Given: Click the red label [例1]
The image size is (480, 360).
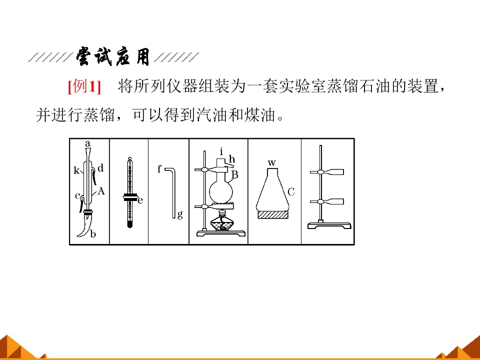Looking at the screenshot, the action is (84, 86).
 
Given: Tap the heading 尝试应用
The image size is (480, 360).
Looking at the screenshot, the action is (113, 56).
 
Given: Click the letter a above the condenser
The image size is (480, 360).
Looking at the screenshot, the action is (88, 143).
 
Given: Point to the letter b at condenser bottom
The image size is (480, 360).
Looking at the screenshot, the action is (93, 234).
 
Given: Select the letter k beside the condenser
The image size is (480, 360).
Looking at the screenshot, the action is (76, 170).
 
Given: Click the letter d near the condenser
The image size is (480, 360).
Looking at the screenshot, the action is (100, 168).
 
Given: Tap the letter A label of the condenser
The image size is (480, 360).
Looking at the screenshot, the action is (101, 191).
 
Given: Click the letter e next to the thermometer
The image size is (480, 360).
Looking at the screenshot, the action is (140, 200).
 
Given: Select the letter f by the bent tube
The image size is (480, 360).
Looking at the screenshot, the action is (159, 168).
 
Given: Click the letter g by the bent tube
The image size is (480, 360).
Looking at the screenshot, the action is (180, 214).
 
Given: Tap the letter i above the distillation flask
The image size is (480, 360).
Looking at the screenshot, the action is (221, 151).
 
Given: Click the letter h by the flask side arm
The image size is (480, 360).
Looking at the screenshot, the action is (231, 159).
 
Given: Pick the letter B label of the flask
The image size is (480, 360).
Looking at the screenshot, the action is (235, 175).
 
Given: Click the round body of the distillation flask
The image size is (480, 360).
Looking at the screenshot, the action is (221, 192).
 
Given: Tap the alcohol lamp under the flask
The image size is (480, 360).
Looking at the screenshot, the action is (221, 221).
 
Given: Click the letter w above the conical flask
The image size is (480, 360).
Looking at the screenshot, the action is (271, 162).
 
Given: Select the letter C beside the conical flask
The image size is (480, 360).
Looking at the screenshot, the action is (291, 192).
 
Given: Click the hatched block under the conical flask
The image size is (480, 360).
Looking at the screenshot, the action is (273, 214).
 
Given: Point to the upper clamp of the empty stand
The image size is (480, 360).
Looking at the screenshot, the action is (326, 172).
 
